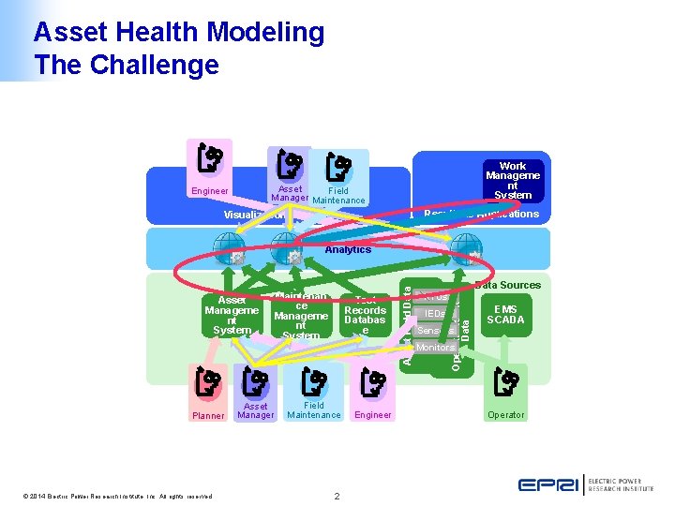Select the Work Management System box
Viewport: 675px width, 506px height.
click(512, 181)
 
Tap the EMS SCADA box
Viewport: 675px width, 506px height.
click(505, 313)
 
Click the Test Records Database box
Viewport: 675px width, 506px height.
click(365, 316)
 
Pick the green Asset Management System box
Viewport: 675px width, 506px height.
click(232, 316)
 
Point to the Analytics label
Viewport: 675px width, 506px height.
click(348, 249)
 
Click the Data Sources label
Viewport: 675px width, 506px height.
click(507, 285)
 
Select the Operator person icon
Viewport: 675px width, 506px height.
click(506, 384)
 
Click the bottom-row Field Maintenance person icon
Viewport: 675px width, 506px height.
click(314, 383)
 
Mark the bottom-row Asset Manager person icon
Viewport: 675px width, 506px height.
click(255, 382)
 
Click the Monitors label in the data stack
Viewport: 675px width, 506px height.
click(434, 348)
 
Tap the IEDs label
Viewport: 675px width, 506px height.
click(434, 314)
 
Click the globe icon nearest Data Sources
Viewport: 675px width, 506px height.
click(462, 246)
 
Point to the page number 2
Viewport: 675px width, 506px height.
click(337, 496)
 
